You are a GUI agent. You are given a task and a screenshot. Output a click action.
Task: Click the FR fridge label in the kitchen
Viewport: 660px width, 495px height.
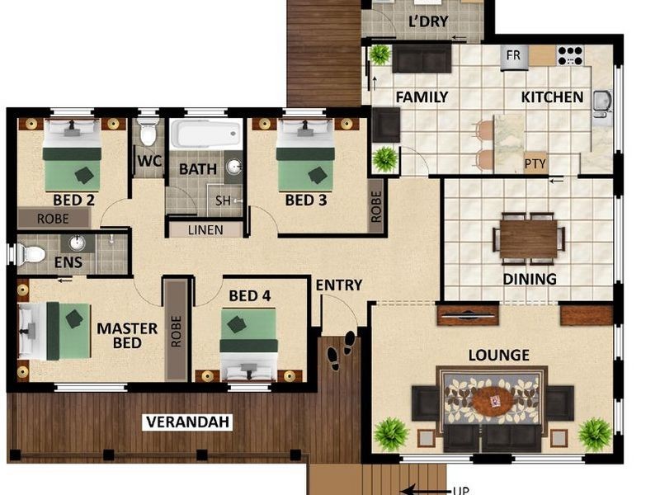coord(513,57)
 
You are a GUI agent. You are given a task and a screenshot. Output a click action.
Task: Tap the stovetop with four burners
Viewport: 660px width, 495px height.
coord(570,56)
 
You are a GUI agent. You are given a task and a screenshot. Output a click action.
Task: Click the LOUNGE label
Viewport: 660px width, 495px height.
coord(498,355)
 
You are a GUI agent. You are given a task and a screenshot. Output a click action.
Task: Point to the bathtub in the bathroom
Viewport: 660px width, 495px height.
coord(205,134)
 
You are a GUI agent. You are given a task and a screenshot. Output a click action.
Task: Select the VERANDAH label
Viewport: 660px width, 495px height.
coord(188,422)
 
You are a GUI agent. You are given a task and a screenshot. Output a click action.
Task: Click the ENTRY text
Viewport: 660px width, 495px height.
coord(339,285)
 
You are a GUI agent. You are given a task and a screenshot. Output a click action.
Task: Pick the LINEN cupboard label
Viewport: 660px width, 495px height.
coord(205,229)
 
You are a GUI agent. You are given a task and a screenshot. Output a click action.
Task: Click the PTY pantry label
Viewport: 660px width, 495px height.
coord(535,163)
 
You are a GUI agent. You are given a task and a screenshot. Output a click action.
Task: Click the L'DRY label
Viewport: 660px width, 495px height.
coord(428,21)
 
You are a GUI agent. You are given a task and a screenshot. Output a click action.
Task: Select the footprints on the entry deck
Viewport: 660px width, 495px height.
coord(342,348)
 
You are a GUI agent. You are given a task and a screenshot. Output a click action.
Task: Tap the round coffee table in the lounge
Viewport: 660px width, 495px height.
coord(492,401)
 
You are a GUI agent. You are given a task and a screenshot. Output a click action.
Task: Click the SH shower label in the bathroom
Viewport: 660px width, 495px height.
coord(224,200)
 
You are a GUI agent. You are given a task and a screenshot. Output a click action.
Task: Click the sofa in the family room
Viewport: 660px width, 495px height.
coord(422,59)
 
